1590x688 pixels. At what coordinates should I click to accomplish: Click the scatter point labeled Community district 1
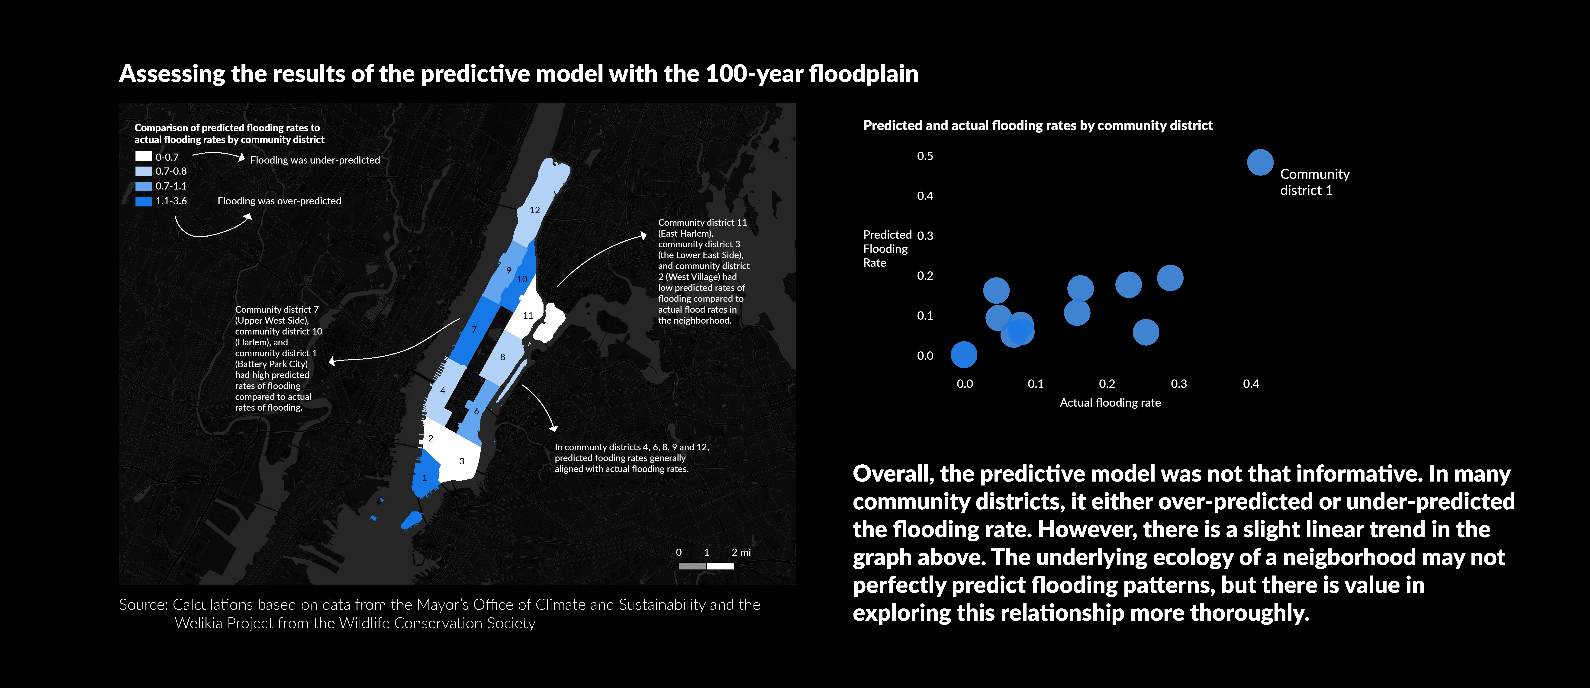point(1260,162)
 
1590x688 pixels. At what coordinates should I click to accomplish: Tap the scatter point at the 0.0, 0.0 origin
point(963,355)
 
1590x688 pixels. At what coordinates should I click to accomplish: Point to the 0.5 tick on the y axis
point(925,156)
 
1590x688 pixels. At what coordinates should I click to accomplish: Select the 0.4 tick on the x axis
point(1251,384)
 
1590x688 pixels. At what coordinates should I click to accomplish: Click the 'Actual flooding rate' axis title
point(1110,402)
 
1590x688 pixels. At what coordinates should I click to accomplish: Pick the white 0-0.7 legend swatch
point(143,157)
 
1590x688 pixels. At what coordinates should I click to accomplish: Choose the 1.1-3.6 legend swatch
point(143,201)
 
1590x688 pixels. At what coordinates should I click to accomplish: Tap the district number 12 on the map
point(534,210)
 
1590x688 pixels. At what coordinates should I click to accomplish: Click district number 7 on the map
point(474,329)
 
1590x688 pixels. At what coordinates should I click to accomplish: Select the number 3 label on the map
point(462,461)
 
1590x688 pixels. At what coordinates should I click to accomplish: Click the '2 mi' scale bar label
point(741,552)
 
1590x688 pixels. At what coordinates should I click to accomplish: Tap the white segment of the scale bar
point(720,566)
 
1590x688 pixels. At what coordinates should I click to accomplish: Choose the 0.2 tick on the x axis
point(1107,384)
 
